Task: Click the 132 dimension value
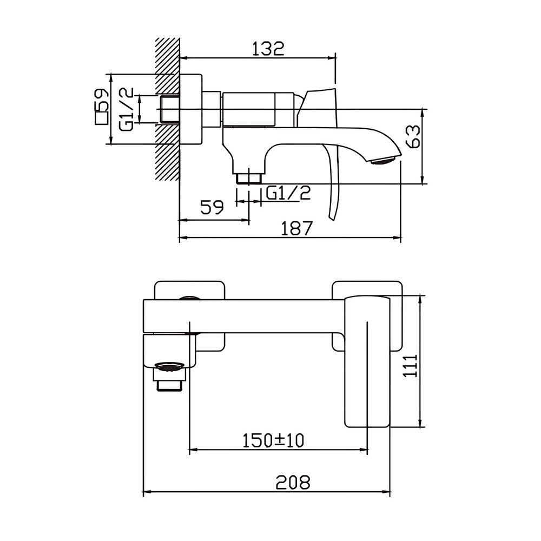[268, 49]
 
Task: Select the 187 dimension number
[296, 228]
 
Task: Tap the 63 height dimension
[413, 137]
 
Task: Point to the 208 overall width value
[293, 482]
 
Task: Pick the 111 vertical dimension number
[411, 366]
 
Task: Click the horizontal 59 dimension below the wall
[212, 207]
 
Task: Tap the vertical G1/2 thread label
[126, 109]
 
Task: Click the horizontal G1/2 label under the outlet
[288, 193]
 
